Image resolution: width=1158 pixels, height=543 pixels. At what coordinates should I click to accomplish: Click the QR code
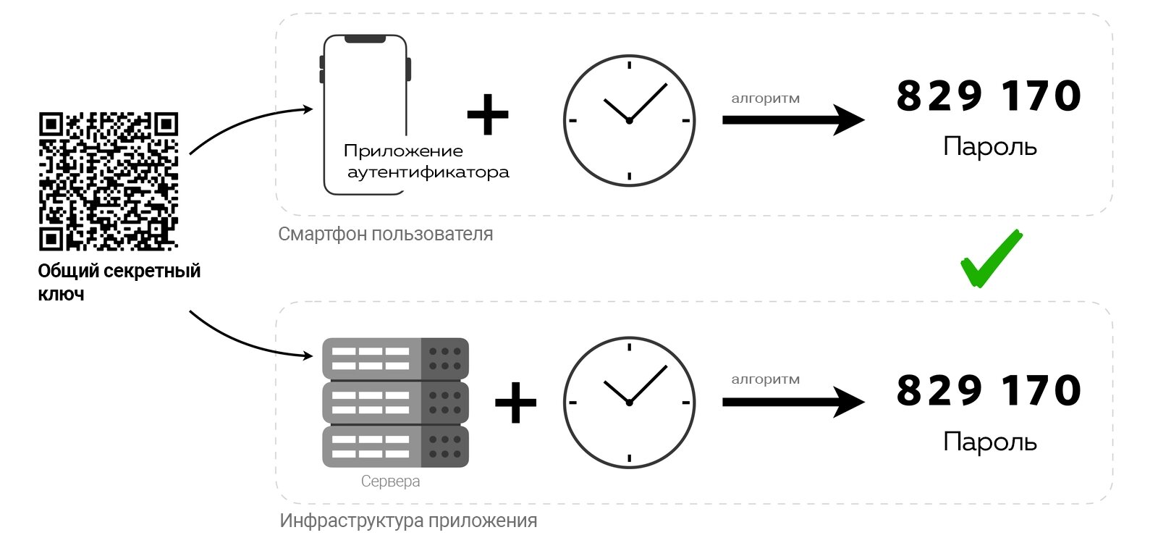tap(109, 182)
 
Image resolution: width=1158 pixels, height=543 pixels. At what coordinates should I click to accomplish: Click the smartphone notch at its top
tap(365, 39)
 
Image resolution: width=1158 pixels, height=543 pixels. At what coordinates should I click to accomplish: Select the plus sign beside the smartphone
tap(488, 114)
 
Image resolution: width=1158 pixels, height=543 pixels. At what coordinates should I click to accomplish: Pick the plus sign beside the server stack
tap(515, 403)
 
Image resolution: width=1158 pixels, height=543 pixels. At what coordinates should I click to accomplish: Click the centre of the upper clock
tap(629, 120)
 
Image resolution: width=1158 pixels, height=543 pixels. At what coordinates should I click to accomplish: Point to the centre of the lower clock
tap(629, 403)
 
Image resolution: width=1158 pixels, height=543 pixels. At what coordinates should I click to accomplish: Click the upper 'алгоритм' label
tap(765, 98)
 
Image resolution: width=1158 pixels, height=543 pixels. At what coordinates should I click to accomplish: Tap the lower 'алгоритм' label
tap(765, 379)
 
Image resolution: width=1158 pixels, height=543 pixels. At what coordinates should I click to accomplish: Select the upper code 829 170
tap(989, 96)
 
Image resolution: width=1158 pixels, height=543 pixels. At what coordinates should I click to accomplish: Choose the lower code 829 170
tap(989, 390)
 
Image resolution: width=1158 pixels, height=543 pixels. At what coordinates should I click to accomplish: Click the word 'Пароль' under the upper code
tap(990, 146)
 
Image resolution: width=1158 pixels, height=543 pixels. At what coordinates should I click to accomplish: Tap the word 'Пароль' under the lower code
tap(990, 442)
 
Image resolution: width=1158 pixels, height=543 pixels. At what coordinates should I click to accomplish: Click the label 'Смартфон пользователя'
tap(386, 235)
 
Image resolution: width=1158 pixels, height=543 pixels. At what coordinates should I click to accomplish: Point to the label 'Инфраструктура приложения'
tap(408, 521)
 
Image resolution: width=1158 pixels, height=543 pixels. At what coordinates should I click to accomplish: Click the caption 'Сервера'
tap(390, 481)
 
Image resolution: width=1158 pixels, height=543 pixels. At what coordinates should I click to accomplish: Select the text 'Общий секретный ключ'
tap(119, 282)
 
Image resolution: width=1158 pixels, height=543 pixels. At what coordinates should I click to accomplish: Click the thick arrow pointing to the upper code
tap(793, 120)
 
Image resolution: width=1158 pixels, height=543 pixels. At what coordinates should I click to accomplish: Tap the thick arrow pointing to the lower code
tap(793, 402)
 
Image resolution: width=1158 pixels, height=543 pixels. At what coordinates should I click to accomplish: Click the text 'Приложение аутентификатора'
tap(426, 161)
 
